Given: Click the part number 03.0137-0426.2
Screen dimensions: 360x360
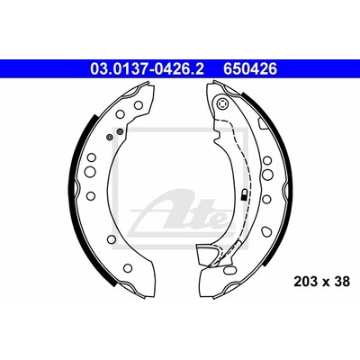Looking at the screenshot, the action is [147, 69].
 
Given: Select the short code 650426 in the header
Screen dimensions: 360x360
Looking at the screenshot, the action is [249, 69].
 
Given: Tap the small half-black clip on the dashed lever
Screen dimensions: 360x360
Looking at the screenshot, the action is [245, 194].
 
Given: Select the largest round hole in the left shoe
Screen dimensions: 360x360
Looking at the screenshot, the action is [90, 172].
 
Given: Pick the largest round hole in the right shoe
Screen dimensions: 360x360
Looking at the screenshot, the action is [267, 174].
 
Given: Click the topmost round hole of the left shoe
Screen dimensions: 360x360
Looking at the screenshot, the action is [138, 105].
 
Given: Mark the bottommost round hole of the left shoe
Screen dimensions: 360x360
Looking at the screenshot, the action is [128, 268].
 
